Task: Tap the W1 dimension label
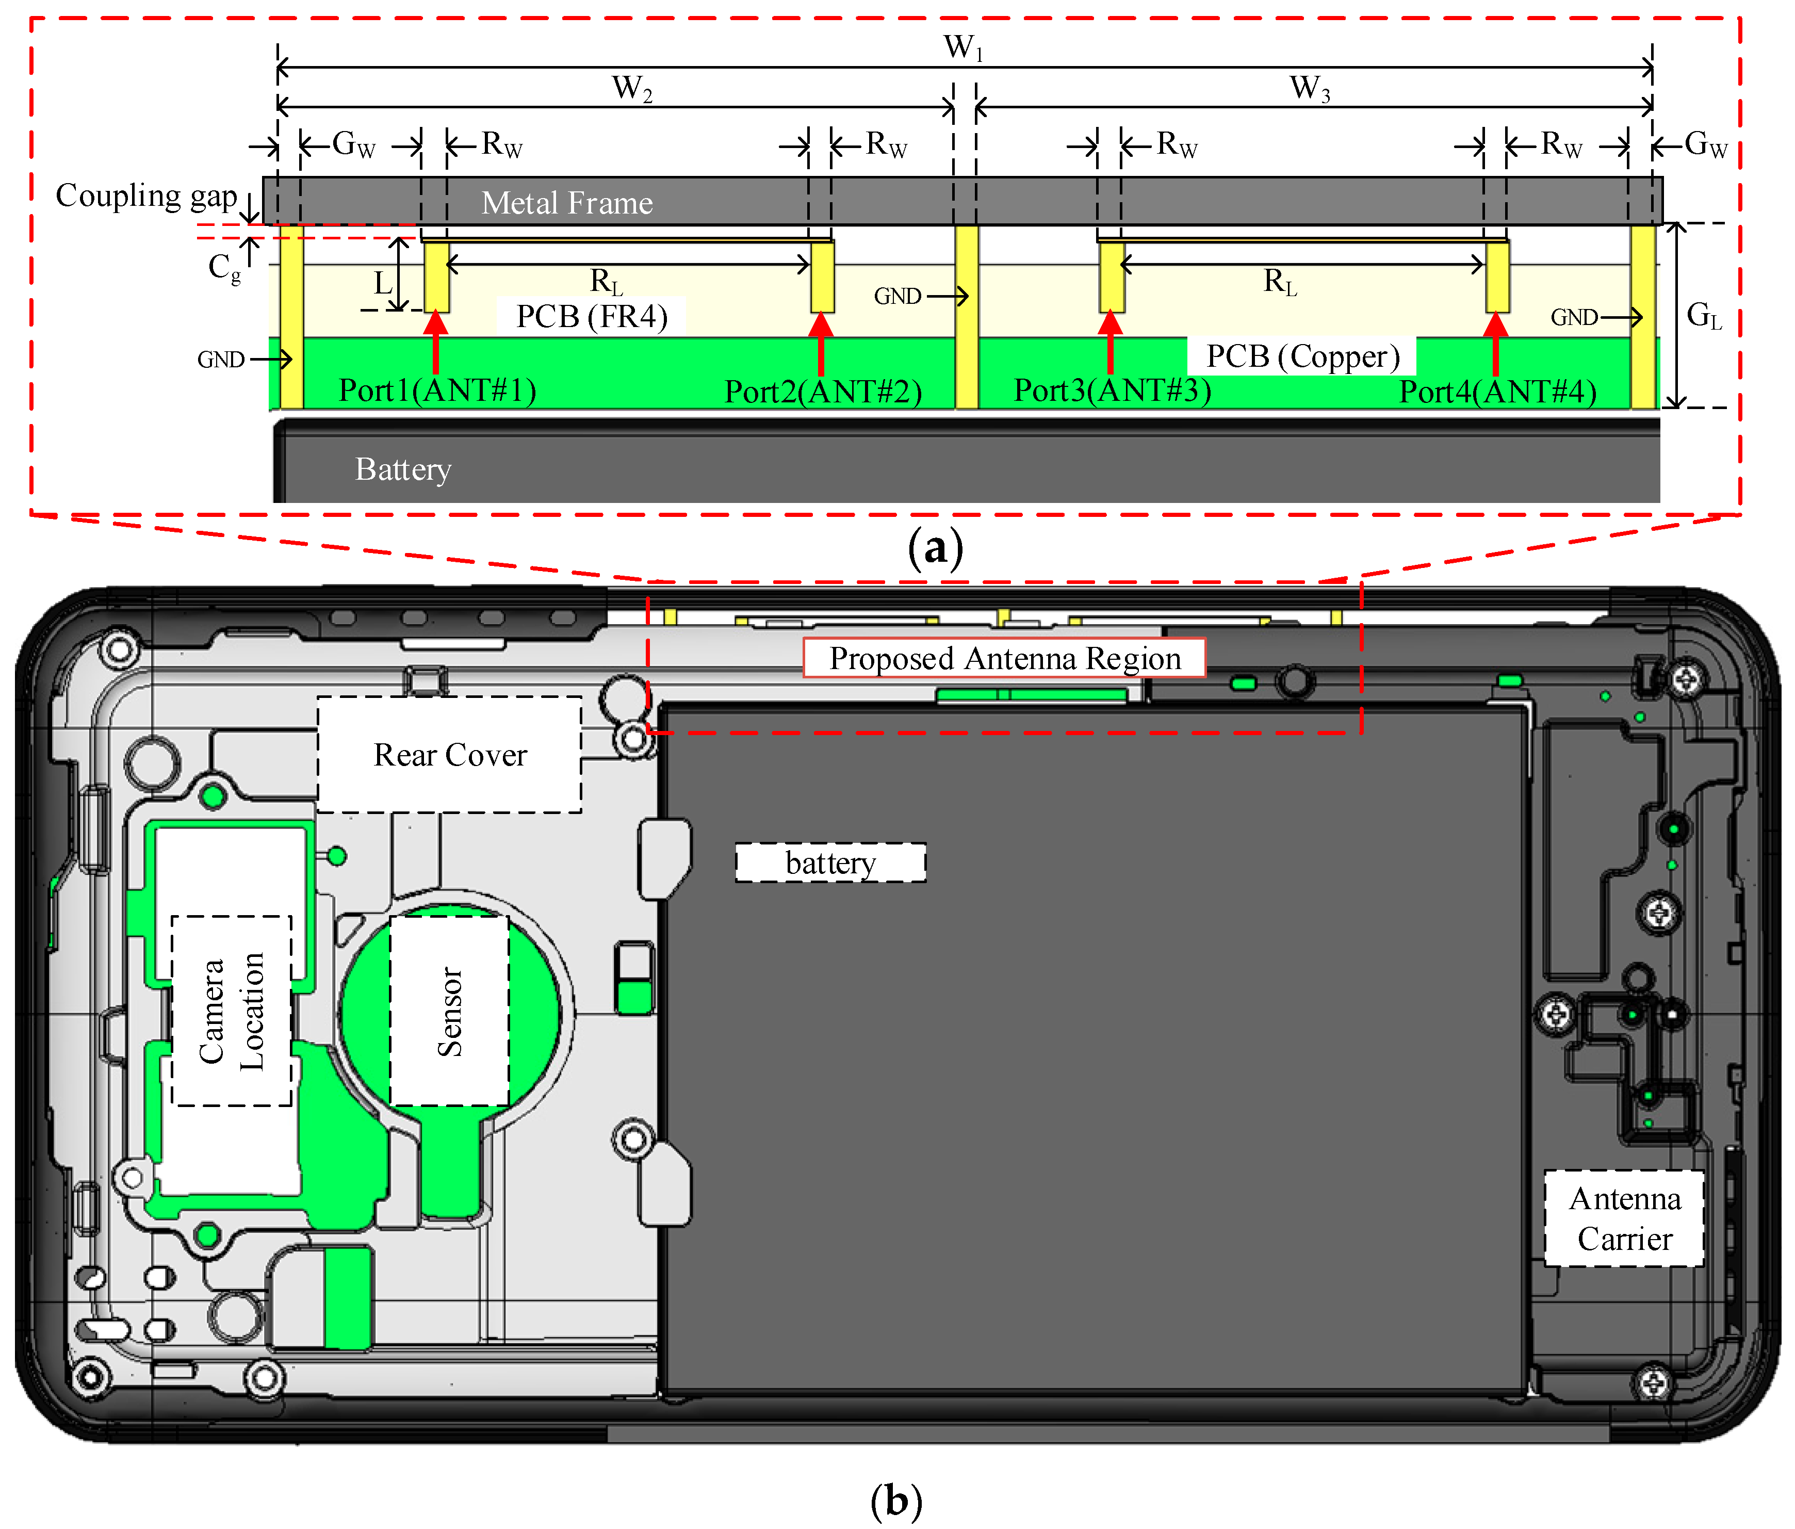pos(964,47)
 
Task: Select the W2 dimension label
pos(631,88)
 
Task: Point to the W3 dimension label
pos(1309,88)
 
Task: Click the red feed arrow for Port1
pos(436,341)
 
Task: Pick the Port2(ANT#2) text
pos(823,392)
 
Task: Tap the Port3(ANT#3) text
pos(1113,391)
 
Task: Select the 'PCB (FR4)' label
pos(592,316)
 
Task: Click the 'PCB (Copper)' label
pos(1302,356)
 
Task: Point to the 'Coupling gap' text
pos(146,197)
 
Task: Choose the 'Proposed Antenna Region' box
pos(1004,658)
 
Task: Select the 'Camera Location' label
pos(231,1011)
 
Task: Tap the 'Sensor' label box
pos(450,1011)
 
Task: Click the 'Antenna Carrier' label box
pos(1624,1218)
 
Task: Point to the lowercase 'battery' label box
pos(831,863)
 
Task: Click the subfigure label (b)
pos(896,1501)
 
